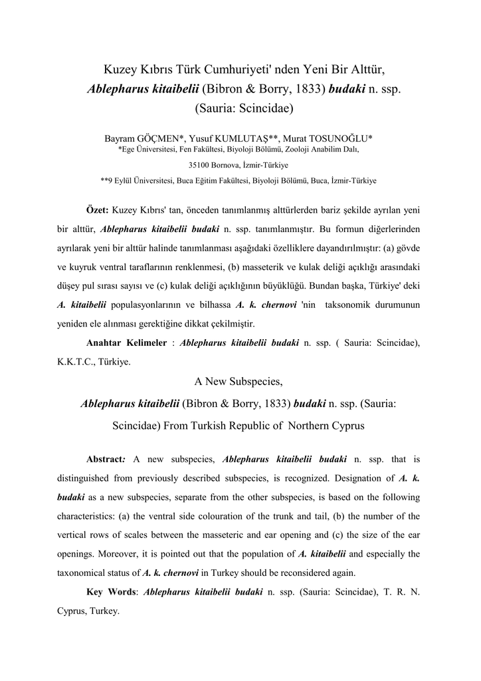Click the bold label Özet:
(98, 210)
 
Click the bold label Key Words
(112, 592)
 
